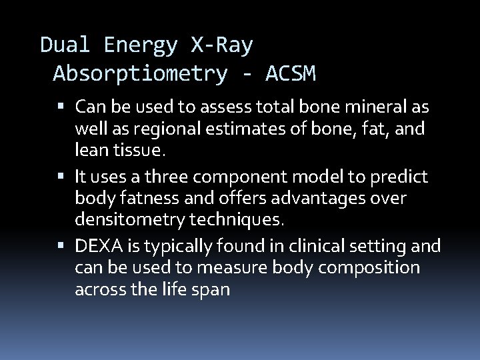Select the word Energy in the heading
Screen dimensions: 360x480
click(141, 45)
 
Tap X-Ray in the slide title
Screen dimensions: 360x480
click(222, 45)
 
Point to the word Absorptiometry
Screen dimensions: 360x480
click(140, 73)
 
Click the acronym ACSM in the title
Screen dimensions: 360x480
click(290, 73)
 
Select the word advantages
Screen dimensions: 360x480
click(327, 198)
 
